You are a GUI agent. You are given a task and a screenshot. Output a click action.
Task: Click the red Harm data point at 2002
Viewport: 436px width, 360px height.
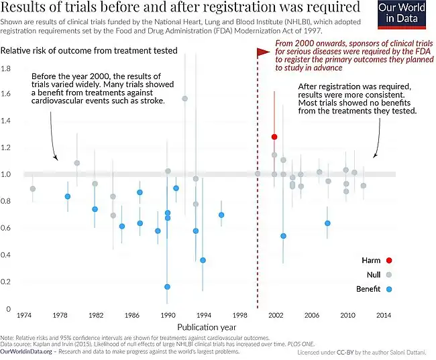point(274,137)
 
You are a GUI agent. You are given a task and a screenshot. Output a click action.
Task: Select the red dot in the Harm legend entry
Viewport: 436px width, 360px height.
point(388,260)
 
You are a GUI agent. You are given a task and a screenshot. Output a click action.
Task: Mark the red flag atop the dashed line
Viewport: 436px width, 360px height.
point(263,50)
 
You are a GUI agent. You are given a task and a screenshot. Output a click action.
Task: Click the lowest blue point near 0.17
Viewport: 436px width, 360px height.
point(167,287)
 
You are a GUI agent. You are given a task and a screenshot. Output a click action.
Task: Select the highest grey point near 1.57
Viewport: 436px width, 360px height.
point(185,99)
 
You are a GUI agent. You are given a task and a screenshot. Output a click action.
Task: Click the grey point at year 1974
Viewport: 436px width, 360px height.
point(33,189)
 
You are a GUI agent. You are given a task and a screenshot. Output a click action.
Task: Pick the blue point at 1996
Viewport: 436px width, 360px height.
point(221,215)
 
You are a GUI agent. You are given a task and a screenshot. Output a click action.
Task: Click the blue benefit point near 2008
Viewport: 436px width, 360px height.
point(327,223)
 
